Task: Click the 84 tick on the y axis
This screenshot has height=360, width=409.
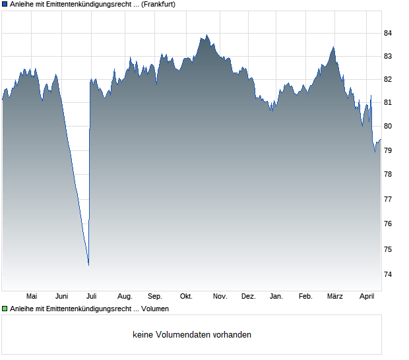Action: [x=388, y=33]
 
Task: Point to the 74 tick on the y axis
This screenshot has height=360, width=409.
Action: [x=388, y=274]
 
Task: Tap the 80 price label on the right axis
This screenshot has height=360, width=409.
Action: [x=388, y=126]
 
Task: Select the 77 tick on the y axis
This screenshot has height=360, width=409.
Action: [x=388, y=199]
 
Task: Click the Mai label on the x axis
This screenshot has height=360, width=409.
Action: [x=31, y=297]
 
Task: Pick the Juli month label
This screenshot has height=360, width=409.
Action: [x=92, y=297]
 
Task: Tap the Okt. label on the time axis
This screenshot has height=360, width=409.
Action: [x=186, y=297]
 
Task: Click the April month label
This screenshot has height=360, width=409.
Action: [x=366, y=297]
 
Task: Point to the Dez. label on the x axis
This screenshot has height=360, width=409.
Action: [x=248, y=297]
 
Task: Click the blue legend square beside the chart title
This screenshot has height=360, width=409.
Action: [x=5, y=4]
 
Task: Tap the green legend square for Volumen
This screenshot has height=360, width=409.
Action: [x=5, y=309]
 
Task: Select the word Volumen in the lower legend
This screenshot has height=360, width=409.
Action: [x=155, y=309]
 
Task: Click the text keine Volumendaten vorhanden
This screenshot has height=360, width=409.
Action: [x=192, y=335]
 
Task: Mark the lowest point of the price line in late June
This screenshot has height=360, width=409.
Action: [x=88, y=264]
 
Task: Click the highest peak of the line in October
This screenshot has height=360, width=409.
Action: [x=206, y=36]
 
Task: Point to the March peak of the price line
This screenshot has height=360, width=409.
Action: [x=334, y=47]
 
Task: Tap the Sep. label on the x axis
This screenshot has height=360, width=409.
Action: [x=155, y=297]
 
